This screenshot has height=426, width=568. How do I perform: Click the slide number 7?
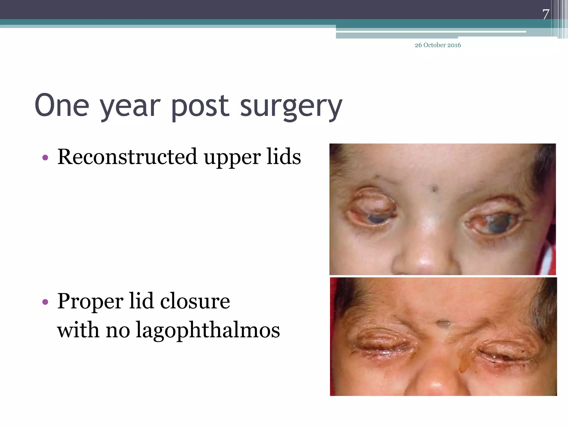546,14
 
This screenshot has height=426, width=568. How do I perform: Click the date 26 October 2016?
438,45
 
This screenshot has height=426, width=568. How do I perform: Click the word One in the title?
62,106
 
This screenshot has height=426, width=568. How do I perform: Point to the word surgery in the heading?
291,107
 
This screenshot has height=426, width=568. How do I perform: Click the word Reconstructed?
127,157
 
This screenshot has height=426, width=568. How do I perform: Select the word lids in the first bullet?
284,157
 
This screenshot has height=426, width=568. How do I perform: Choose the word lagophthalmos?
208,331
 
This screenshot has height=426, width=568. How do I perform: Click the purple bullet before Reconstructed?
45,158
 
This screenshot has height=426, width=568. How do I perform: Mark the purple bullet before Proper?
45,302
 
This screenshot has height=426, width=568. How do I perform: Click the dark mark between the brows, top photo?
435,189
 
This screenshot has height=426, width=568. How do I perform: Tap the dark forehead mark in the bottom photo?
443,323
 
